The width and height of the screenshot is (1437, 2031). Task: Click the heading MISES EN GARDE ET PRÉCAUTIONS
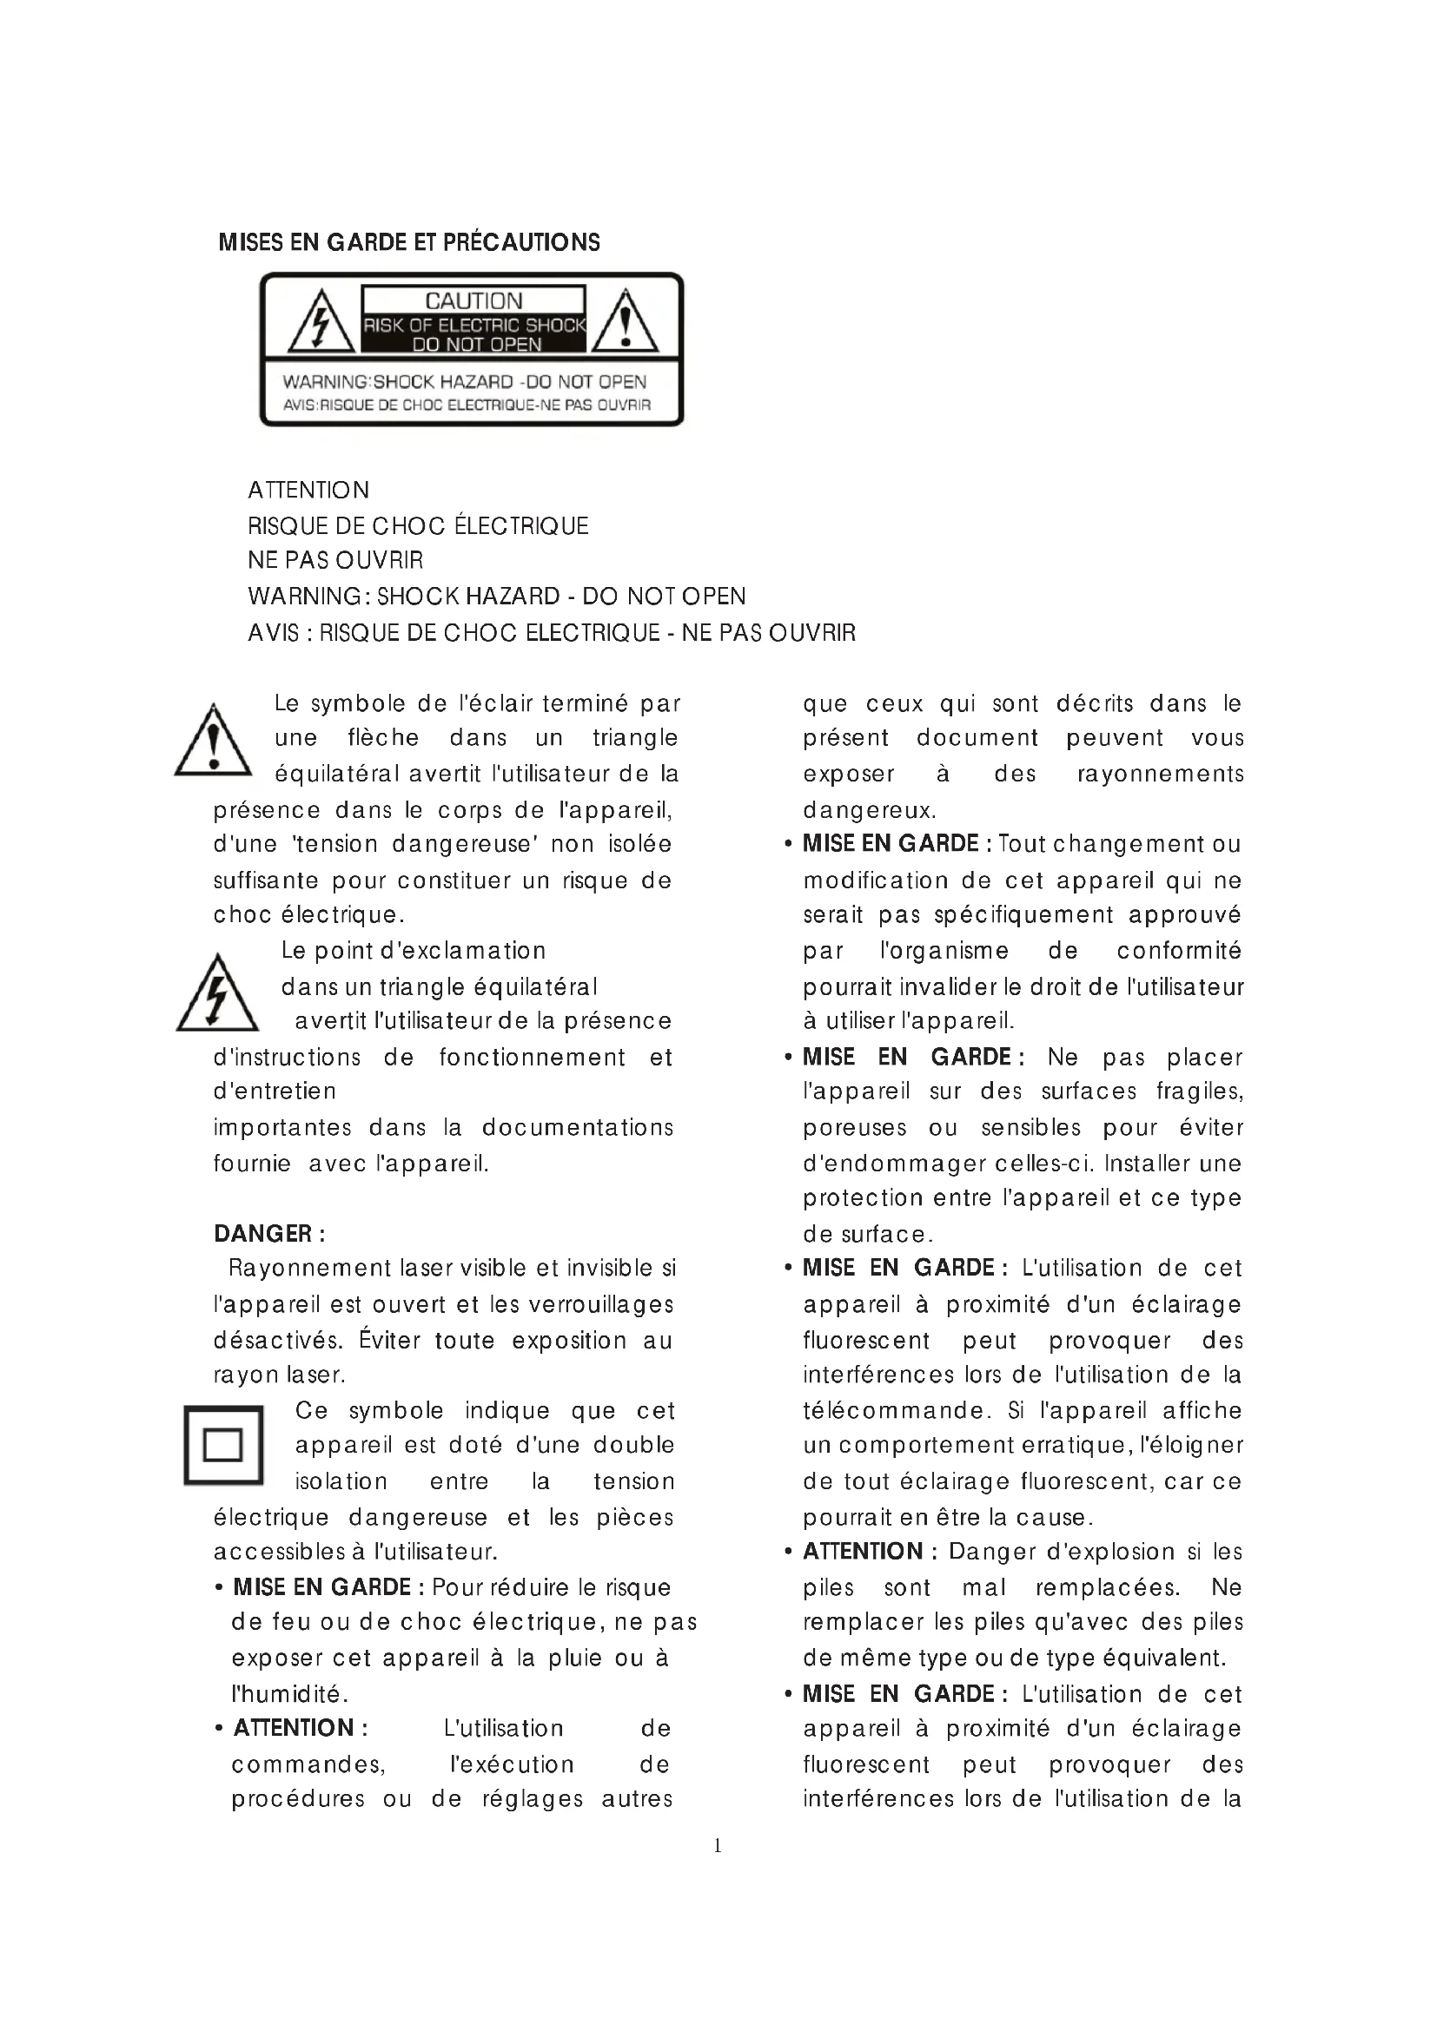pos(409,242)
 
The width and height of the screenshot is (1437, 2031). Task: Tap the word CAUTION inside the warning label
pos(473,301)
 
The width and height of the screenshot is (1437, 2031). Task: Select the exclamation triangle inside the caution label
pos(625,323)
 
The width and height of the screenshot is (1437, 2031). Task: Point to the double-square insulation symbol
pos(223,1445)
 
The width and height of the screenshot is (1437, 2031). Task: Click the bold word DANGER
pos(262,1234)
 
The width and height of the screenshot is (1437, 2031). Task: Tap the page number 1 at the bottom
pos(718,1845)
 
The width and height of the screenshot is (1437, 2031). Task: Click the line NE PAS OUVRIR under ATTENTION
pos(335,560)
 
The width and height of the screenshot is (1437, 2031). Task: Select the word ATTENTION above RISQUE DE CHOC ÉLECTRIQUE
pos(308,490)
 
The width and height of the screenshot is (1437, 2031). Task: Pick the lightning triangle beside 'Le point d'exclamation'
pos(217,994)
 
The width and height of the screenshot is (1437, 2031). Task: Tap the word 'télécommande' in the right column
pos(892,1410)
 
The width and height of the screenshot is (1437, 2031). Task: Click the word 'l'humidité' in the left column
pos(288,1694)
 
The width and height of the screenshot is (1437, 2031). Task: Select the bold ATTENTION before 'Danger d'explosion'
pos(863,1552)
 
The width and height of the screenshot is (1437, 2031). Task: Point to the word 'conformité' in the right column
pos(1179,951)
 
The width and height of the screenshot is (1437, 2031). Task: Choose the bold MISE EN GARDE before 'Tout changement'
pos(891,844)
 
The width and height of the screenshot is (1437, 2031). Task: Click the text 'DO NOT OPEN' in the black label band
pos(477,344)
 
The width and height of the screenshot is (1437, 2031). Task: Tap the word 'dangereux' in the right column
pos(867,810)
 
